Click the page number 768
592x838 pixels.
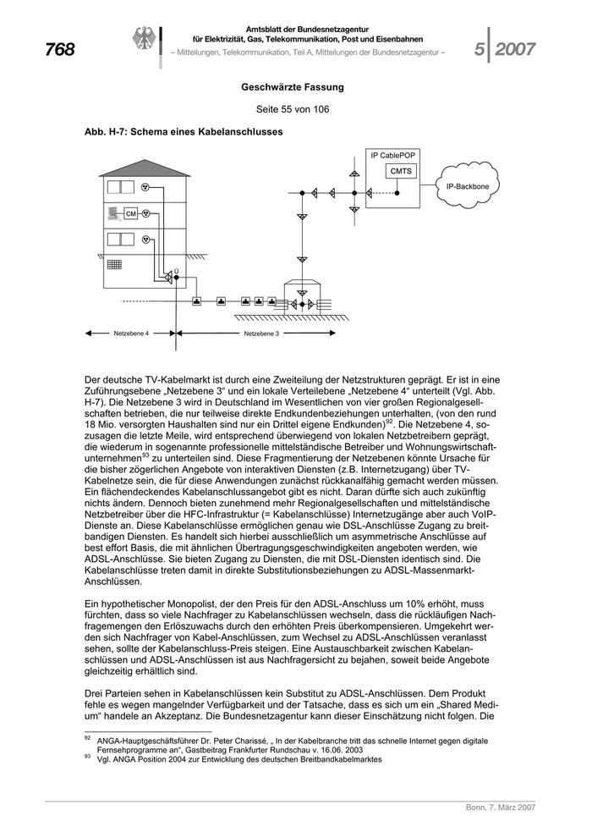tap(60, 50)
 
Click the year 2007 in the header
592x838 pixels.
tap(515, 50)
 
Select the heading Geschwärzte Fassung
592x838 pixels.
tap(292, 87)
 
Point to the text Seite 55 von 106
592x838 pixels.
tap(292, 110)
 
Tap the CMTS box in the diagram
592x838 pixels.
tap(401, 172)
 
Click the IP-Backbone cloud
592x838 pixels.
tap(467, 185)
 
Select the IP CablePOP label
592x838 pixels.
tap(394, 156)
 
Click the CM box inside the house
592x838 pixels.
tap(130, 214)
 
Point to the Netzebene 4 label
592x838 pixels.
tap(131, 334)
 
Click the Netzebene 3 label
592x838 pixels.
tap(261, 334)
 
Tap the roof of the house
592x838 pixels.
tap(141, 168)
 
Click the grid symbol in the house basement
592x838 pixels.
tap(113, 265)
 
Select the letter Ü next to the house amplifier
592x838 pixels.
tap(175, 270)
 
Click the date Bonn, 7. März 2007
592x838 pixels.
tap(500, 808)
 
